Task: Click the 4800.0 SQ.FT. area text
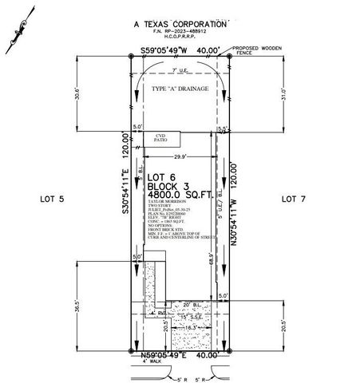tap(181, 193)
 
